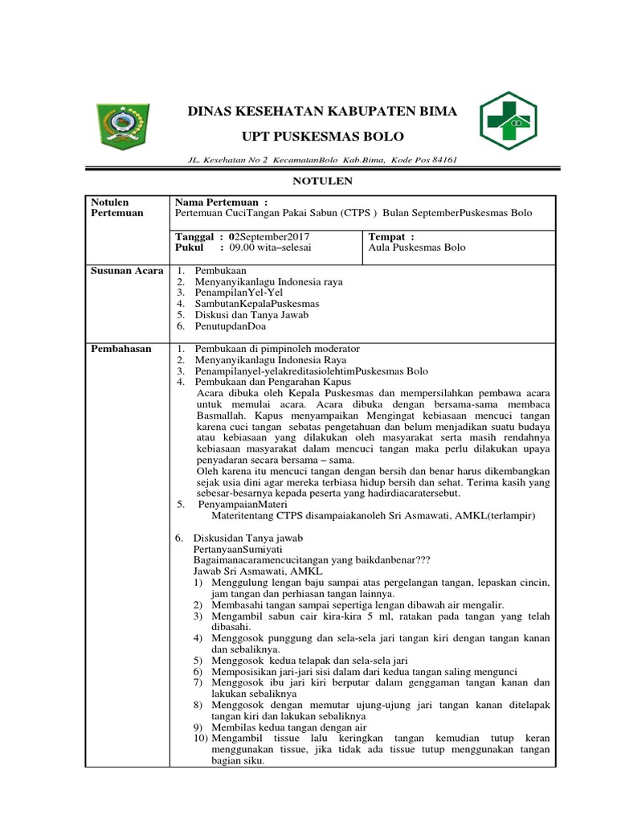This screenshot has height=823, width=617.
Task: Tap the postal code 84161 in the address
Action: click(444, 160)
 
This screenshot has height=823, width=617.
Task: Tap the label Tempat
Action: click(390, 237)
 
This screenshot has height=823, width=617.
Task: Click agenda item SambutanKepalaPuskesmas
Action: click(257, 305)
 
